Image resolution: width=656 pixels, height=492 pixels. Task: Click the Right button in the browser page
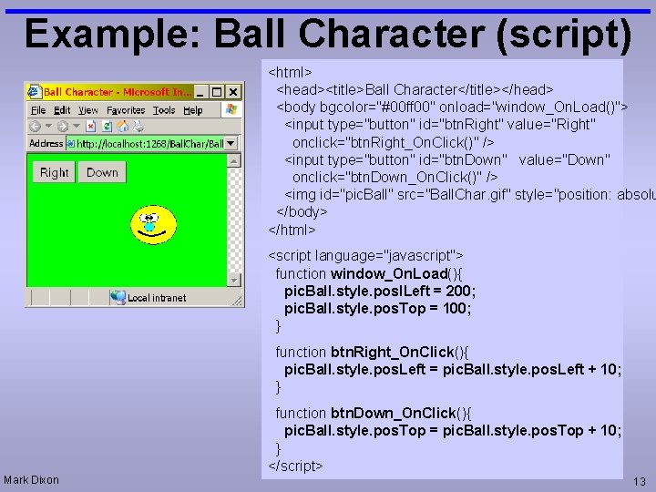pos(54,172)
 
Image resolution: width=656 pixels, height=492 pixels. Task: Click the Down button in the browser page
pos(102,172)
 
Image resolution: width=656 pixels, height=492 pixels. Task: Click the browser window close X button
pos(233,92)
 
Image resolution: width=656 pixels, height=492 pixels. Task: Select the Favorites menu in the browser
pos(126,110)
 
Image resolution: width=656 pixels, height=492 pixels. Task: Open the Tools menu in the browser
pos(164,110)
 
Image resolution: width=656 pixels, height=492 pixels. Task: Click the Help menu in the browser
pos(193,110)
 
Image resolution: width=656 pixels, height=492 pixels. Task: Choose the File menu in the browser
pos(39,110)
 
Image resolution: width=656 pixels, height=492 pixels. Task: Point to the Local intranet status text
pos(156,297)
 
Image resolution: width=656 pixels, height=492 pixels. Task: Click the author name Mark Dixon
pos(31,480)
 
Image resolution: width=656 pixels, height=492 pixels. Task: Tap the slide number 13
pos(639,481)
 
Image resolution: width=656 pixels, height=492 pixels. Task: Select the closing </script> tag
pos(295,466)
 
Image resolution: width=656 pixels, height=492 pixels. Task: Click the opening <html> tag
pos(290,71)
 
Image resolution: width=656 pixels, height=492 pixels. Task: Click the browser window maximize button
pos(217,92)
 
